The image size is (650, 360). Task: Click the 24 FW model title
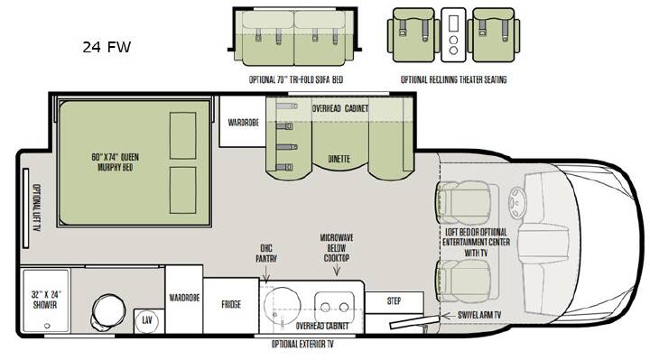(x=107, y=47)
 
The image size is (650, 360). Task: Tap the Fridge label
(x=231, y=304)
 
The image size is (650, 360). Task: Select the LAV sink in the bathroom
(x=147, y=320)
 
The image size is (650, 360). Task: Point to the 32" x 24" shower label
(x=46, y=300)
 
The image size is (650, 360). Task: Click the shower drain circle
(x=47, y=326)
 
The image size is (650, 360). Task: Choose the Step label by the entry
(x=394, y=301)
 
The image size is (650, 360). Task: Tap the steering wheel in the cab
(x=518, y=203)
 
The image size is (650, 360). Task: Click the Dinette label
(x=339, y=159)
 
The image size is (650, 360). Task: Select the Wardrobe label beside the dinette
(x=244, y=123)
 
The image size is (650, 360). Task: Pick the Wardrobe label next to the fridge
(x=184, y=298)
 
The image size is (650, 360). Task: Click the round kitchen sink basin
(x=282, y=303)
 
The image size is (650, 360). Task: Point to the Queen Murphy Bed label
(x=116, y=162)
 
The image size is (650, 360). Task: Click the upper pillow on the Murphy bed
(x=182, y=135)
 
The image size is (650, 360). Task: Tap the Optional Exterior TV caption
(x=302, y=345)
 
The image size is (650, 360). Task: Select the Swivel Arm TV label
(x=479, y=315)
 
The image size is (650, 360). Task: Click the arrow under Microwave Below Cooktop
(x=337, y=270)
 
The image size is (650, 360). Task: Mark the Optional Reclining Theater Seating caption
(x=453, y=79)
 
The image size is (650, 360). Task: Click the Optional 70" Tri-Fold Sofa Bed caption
(x=296, y=79)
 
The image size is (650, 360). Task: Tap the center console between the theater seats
(x=453, y=35)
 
